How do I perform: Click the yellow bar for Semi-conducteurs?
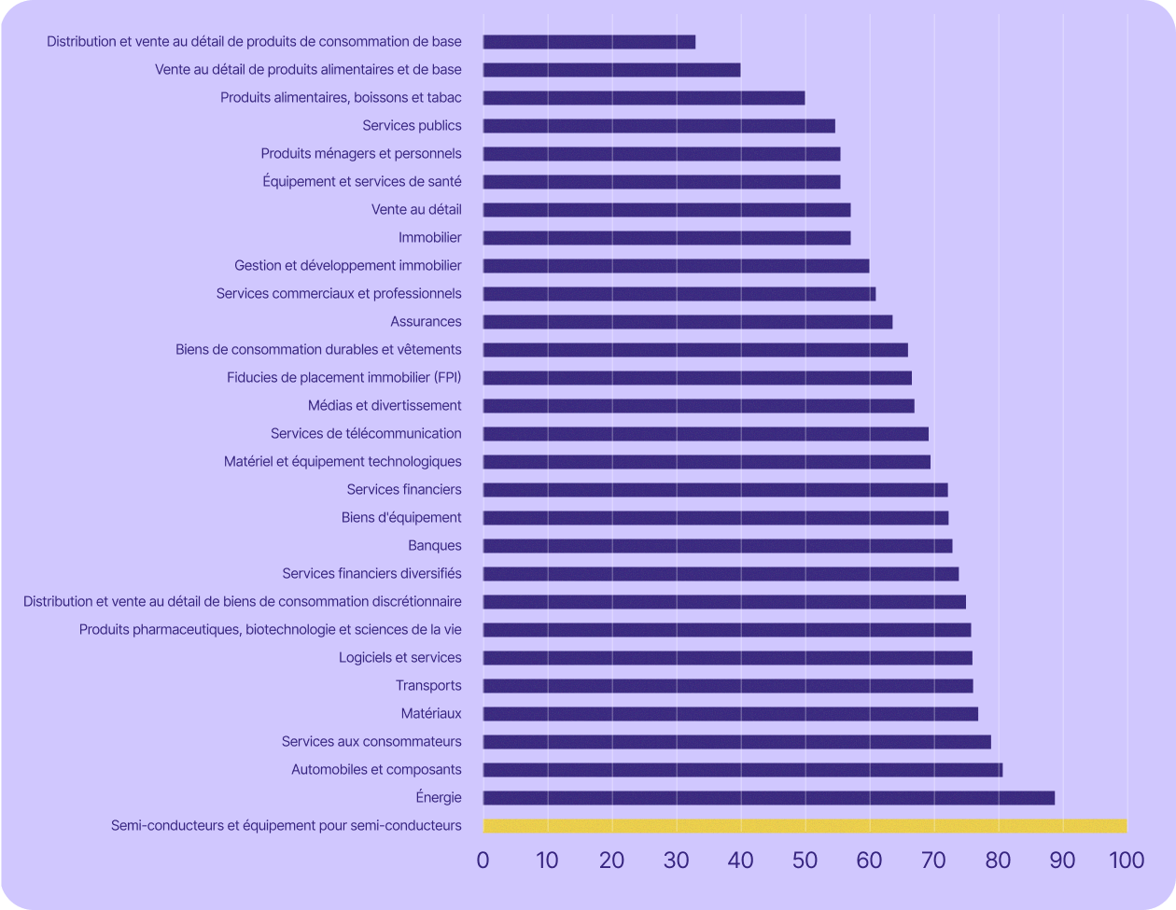coord(805,826)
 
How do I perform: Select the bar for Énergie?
coord(768,798)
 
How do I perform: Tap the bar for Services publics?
coord(659,126)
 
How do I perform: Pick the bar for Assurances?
coord(688,322)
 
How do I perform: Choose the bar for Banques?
coord(718,546)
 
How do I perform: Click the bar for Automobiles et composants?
coord(743,770)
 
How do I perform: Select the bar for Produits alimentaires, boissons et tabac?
coord(644,98)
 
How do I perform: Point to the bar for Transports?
coord(728,686)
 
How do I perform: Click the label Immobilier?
coord(429,238)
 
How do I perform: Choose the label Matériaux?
coord(431,714)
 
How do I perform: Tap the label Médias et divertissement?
coord(385,406)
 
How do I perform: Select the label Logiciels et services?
coord(399,658)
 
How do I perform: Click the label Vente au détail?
coord(416,210)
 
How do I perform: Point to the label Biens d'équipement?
coord(401,518)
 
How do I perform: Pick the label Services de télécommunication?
coord(366,434)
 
